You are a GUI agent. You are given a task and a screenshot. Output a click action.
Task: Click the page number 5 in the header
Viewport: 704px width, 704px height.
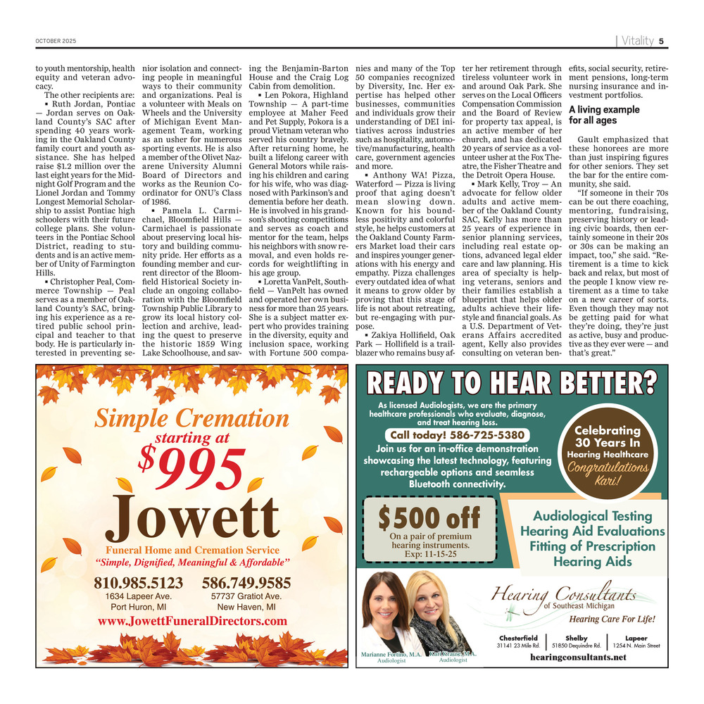point(662,41)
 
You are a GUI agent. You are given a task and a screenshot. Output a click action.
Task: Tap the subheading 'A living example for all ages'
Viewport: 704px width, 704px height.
point(604,115)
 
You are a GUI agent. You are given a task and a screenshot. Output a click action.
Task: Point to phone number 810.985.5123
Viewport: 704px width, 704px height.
point(138,583)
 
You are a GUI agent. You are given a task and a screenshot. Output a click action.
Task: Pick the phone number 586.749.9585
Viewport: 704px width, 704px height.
point(246,583)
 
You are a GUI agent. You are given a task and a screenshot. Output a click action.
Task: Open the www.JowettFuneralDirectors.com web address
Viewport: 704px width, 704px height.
point(193,621)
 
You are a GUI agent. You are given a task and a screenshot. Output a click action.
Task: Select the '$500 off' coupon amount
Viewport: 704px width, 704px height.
point(429,519)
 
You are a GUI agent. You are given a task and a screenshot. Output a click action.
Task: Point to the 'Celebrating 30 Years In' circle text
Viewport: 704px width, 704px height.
point(607,436)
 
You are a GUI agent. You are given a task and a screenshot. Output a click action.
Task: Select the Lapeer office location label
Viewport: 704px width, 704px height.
point(636,638)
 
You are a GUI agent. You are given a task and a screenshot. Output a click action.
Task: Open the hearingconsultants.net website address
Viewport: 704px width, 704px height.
point(578,658)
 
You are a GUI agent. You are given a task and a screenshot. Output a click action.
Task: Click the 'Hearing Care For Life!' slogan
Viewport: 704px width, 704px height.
point(612,620)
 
